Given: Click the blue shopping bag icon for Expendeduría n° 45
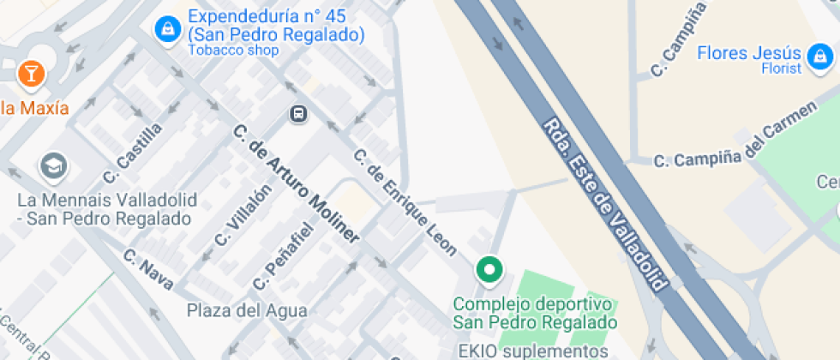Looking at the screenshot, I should [x=166, y=29].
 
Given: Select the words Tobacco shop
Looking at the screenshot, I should [x=233, y=51].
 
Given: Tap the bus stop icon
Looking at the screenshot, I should [x=298, y=113].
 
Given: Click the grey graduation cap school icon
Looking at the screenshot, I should [x=53, y=166].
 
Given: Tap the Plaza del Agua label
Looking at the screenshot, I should [x=236, y=309].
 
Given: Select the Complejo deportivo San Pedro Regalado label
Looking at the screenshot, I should [x=535, y=314].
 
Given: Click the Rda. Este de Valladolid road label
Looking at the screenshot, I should [x=605, y=204].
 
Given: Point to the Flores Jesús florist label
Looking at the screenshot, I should [x=748, y=53].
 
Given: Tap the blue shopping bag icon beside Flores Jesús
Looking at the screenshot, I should [x=820, y=57].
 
